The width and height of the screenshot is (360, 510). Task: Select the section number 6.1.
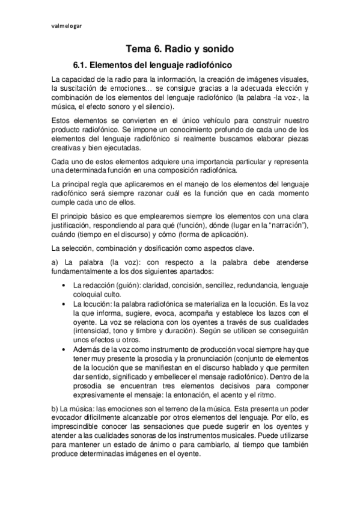click(81, 64)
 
